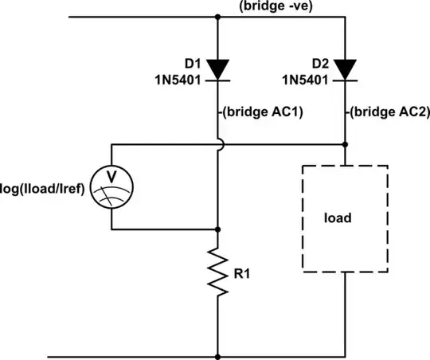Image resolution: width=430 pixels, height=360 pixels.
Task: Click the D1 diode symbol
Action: pos(217,71)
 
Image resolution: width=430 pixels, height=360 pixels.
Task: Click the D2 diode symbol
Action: pos(346,71)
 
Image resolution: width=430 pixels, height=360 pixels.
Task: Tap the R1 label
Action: pos(245,273)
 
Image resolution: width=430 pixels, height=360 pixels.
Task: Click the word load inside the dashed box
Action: pos(346,217)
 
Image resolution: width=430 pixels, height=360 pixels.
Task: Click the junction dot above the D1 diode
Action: pos(217,17)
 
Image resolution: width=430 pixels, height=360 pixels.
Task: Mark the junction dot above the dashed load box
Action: pos(346,145)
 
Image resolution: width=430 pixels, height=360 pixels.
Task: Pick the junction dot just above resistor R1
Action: pos(217,229)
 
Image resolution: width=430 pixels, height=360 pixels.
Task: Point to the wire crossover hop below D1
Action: pos(217,145)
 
